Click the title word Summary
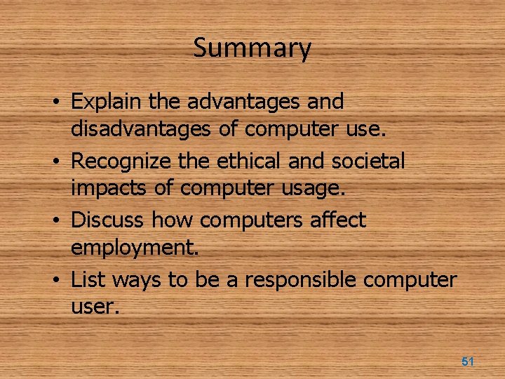[x=252, y=48]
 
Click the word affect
[x=339, y=220]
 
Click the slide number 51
[x=468, y=361]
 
